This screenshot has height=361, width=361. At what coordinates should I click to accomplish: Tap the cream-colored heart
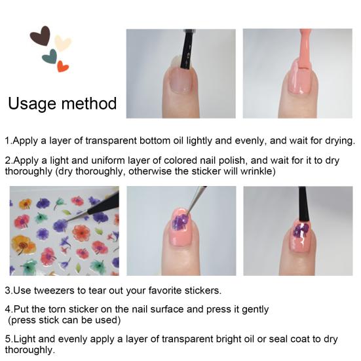tap(62, 43)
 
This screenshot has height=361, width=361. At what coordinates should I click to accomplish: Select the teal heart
tap(49, 58)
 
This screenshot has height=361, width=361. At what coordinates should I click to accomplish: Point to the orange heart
tap(63, 66)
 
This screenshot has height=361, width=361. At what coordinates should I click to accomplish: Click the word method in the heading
tap(91, 104)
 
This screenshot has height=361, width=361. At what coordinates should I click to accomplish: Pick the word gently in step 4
tap(254, 309)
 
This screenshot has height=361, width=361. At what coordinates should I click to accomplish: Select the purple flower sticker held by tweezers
tap(180, 223)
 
